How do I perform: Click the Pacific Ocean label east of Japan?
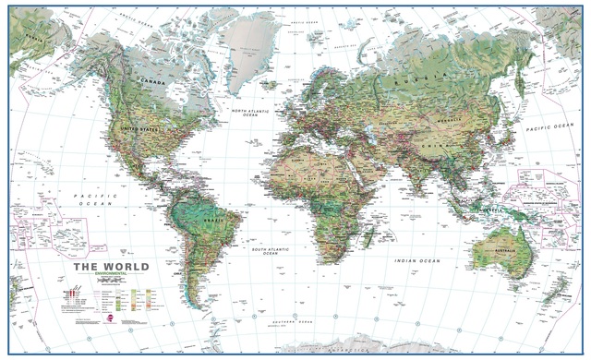point(549,127)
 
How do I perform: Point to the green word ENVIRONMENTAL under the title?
point(97,278)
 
